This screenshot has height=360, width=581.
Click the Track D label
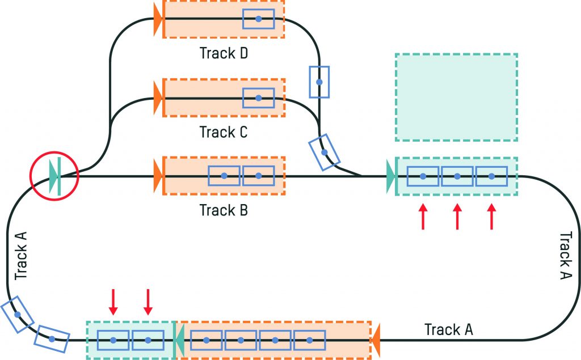pos(225,54)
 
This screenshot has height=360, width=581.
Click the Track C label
pos(225,132)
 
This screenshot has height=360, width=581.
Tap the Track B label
pos(225,210)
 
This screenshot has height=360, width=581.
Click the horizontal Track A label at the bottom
pos(449,329)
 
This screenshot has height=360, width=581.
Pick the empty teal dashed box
pos(456,97)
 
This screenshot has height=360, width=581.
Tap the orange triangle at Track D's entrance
pos(158,19)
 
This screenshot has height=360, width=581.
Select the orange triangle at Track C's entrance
pos(158,98)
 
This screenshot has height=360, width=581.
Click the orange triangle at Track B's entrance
pos(158,176)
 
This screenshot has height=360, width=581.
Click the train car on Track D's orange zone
pos(258,19)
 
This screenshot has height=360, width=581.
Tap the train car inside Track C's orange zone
pos(258,98)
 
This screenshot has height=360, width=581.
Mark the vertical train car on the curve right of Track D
pos(319,82)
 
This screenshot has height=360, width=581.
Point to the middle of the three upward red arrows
pos(457,217)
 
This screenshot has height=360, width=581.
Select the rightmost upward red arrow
pos(492,217)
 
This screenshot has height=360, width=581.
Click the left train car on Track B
pos(224,176)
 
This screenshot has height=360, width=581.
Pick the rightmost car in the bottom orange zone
pos(310,340)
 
